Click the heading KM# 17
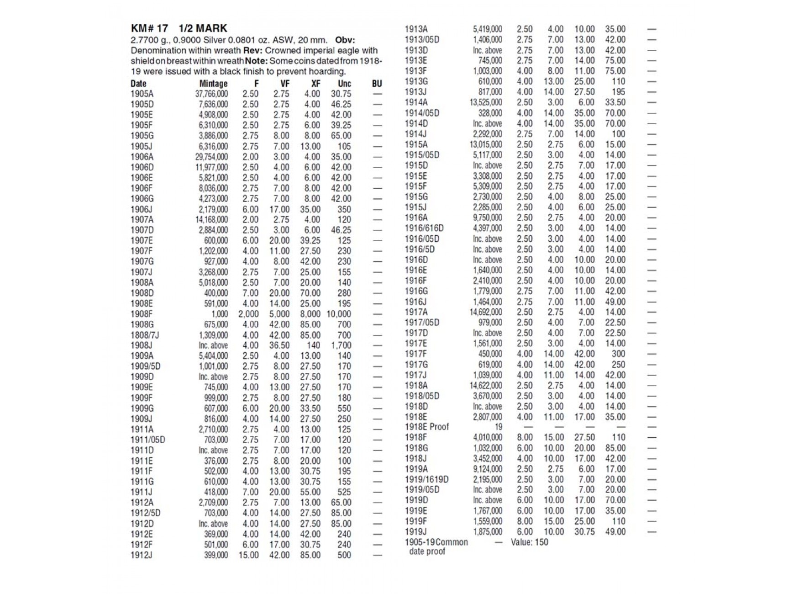tap(149, 28)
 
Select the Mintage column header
tap(213, 84)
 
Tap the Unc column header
tap(344, 84)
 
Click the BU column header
tap(377, 84)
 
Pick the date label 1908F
tap(142, 314)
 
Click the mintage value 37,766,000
tap(211, 94)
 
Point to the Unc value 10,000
tap(338, 314)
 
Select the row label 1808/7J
tap(145, 335)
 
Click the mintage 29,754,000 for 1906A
tap(211, 157)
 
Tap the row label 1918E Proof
tap(427, 427)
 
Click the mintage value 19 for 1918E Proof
tap(498, 427)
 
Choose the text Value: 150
tap(529, 542)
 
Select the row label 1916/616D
tap(424, 228)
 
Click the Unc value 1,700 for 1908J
tap(341, 345)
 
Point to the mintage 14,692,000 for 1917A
tap(486, 312)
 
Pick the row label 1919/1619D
tap(426, 479)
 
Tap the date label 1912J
tap(142, 555)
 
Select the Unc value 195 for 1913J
tap(618, 92)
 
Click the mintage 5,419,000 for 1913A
tap(487, 29)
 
